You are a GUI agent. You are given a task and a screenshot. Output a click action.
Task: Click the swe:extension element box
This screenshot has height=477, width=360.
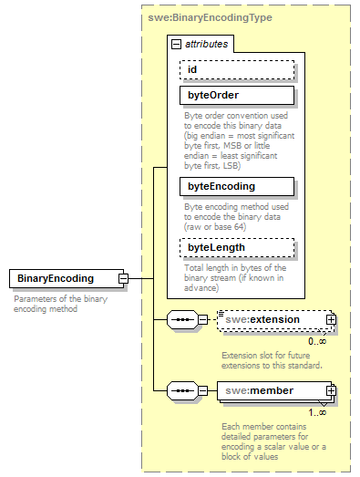pos(275,320)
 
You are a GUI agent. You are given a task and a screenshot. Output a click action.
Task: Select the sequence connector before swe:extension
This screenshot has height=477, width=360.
pos(186,320)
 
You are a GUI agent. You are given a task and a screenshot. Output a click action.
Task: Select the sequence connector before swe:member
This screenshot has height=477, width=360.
pos(186,390)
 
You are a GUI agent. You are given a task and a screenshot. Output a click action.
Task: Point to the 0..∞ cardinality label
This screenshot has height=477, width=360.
pos(317,340)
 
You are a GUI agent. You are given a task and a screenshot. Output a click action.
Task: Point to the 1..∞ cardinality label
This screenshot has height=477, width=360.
pos(317,411)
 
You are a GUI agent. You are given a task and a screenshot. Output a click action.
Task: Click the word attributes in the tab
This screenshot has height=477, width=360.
pos(207,43)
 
